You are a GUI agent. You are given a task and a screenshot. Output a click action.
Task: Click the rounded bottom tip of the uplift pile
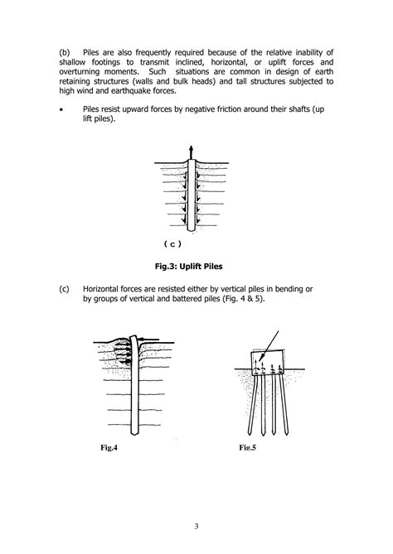(191, 229)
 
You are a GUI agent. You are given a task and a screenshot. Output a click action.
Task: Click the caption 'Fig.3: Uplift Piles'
(196, 267)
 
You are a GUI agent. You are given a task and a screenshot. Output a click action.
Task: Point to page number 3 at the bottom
(196, 524)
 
